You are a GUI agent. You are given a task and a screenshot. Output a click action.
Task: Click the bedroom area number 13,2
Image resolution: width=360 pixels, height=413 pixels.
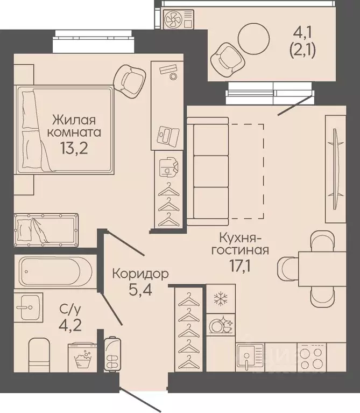coord(74,148)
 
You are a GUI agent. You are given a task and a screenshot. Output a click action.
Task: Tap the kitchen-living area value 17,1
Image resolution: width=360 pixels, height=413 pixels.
coord(240,267)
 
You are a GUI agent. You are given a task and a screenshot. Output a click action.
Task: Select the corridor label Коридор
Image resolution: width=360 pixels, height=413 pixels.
coord(140,274)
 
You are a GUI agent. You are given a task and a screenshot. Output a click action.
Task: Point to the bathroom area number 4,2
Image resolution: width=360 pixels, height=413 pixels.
coord(70,325)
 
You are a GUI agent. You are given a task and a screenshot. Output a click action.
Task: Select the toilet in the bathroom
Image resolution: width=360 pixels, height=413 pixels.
coord(39,354)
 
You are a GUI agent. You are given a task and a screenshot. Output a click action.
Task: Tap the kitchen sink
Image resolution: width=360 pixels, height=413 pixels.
coord(250,357)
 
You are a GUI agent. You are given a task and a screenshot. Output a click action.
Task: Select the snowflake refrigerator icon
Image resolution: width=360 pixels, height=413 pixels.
coord(221,299)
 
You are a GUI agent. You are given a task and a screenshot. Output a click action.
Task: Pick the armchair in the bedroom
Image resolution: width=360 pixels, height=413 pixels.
coord(130,81)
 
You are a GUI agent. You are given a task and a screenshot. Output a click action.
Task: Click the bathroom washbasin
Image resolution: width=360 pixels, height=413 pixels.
coord(29,307)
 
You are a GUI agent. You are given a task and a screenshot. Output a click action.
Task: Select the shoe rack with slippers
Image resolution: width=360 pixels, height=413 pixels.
coord(112,353)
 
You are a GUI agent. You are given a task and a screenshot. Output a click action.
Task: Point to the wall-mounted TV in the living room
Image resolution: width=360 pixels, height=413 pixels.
coord(335,169)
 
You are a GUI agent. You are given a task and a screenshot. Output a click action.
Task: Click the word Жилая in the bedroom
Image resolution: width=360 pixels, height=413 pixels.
coord(74,120)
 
